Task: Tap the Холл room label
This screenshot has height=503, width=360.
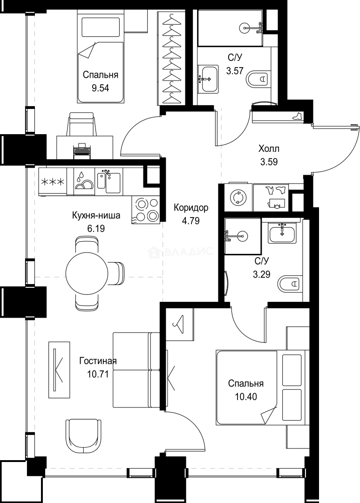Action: [x=269, y=149]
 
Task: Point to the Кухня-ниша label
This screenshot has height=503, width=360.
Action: [x=96, y=216]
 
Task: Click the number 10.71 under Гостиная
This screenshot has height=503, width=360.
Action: [x=97, y=373]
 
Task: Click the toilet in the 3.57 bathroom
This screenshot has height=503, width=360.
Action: [x=258, y=79]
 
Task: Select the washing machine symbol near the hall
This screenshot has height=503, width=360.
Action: [x=238, y=197]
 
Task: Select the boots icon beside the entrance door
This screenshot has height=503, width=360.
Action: [x=297, y=116]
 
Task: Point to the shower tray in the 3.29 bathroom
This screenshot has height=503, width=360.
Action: [x=242, y=236]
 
